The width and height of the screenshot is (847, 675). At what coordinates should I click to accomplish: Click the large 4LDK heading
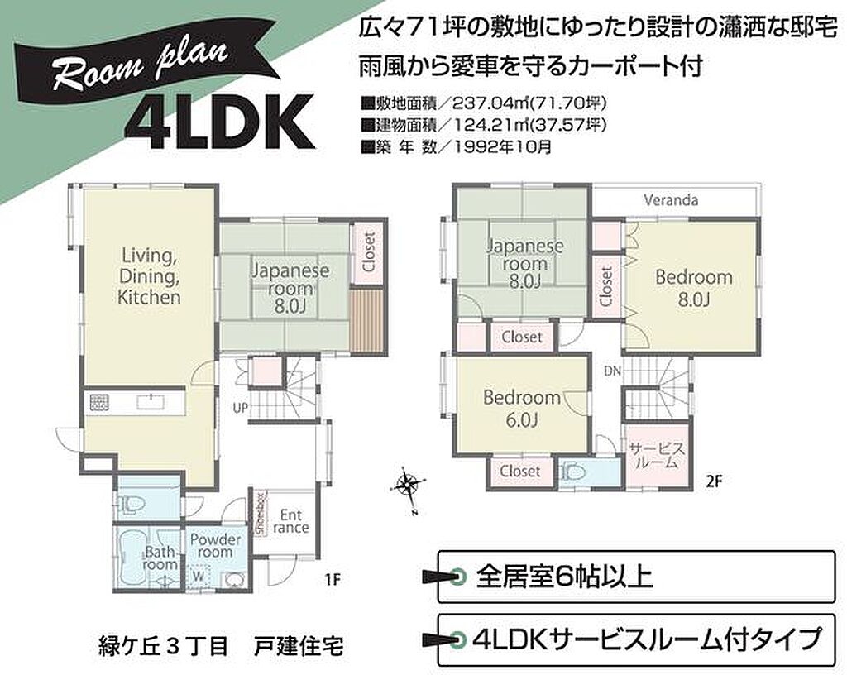tap(219, 122)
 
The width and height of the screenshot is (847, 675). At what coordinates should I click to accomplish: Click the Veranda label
tap(671, 200)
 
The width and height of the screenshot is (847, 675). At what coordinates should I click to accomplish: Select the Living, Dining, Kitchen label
tap(149, 276)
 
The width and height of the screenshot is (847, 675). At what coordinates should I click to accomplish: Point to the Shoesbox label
tap(261, 513)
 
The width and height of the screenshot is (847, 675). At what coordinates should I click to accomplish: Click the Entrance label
tap(290, 521)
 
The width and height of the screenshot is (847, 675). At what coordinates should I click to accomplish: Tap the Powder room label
tap(215, 545)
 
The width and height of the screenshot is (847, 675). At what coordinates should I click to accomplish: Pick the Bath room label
tap(160, 558)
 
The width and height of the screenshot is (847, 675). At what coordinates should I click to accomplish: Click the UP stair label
tap(241, 408)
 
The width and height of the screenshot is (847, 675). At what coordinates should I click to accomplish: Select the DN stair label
tap(613, 371)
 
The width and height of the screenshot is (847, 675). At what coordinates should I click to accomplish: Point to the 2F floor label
tap(714, 481)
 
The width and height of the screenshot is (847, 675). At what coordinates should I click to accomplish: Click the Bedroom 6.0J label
tap(522, 409)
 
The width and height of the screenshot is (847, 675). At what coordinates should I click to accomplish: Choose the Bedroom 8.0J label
tap(694, 288)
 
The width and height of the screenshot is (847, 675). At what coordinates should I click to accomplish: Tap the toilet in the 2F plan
tap(572, 472)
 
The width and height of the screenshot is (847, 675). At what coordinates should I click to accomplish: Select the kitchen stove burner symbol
tap(99, 402)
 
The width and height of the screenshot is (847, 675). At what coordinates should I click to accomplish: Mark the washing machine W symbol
tap(199, 577)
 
